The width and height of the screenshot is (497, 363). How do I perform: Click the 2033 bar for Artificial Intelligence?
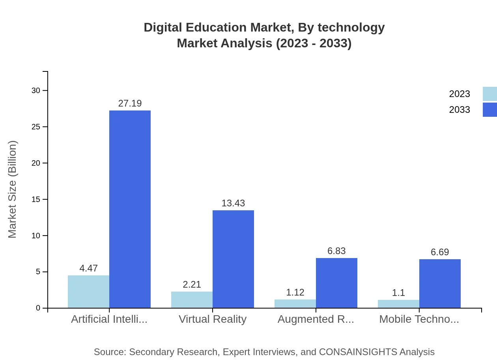130,209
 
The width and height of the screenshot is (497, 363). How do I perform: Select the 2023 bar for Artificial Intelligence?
88,292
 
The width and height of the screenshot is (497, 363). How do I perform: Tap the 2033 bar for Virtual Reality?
233,259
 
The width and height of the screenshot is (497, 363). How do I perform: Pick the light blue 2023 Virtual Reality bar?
192,299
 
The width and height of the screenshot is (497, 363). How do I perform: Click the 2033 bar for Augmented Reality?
336,283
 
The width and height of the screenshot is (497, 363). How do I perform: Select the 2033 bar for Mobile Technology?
440,283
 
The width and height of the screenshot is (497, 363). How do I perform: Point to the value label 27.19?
130,103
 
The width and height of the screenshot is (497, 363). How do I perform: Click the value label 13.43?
233,203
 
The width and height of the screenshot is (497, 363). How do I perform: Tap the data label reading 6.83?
336,251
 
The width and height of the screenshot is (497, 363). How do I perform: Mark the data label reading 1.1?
398,293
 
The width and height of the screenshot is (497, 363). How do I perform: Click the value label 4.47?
88,268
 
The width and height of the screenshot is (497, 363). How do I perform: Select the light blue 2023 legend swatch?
490,94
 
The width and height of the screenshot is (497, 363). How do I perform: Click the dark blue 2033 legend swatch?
490,110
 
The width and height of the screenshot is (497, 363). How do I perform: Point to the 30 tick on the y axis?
36,90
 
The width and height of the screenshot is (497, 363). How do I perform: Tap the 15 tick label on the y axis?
36,199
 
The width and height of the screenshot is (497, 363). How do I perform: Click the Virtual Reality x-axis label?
213,319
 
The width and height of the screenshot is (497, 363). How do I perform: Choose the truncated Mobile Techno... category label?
419,319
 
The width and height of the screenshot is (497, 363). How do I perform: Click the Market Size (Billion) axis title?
13,189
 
